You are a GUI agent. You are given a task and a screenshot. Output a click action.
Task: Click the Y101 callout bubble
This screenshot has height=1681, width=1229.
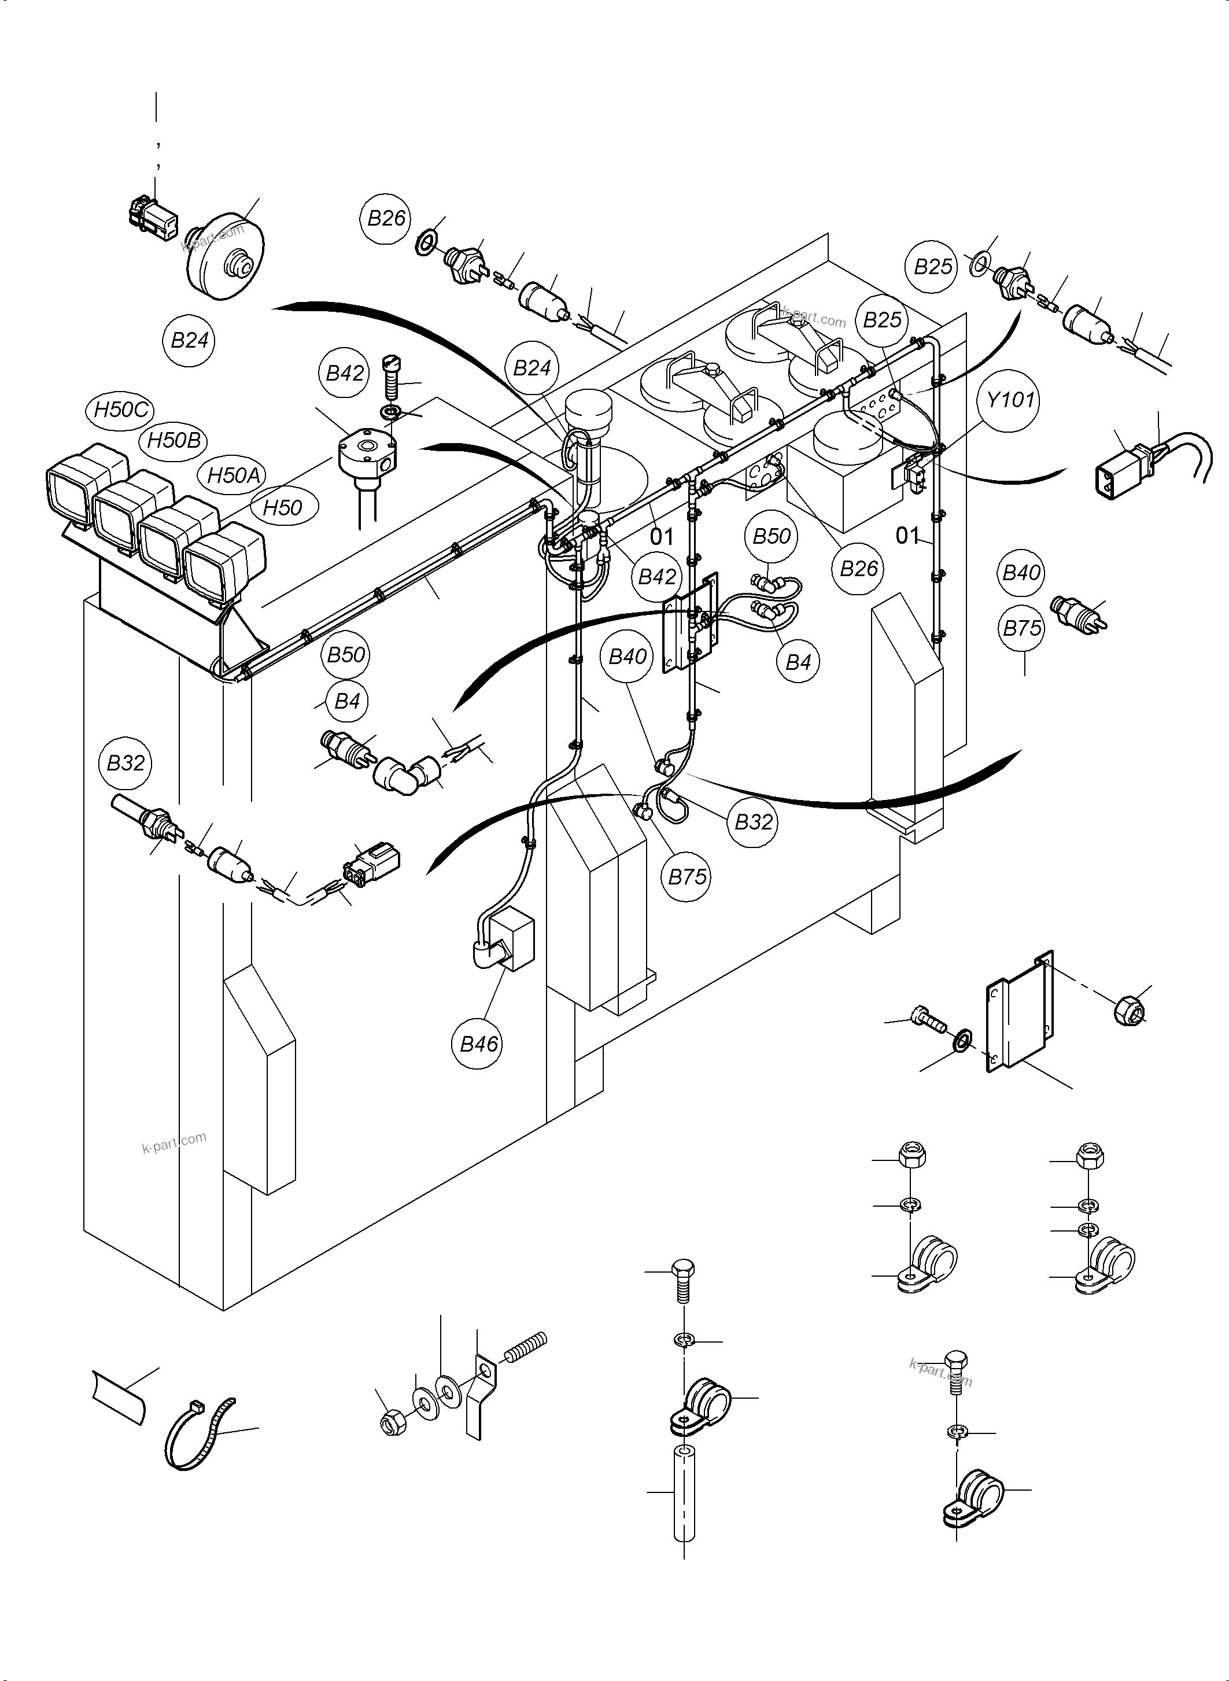pyautogui.click(x=1010, y=400)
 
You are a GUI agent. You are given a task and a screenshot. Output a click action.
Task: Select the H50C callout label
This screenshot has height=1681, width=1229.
pyautogui.click(x=122, y=410)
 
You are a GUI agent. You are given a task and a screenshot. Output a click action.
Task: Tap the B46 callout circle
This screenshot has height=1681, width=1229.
pyautogui.click(x=478, y=1044)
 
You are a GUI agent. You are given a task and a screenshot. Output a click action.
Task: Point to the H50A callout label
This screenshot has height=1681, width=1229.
pyautogui.click(x=234, y=475)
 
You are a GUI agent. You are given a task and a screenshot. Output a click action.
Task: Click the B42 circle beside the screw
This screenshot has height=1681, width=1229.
pyautogui.click(x=345, y=373)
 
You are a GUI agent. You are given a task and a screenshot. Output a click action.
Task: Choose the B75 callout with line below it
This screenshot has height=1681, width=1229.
pyautogui.click(x=1023, y=628)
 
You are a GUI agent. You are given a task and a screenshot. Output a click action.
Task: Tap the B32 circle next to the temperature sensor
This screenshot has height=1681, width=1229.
pyautogui.click(x=126, y=763)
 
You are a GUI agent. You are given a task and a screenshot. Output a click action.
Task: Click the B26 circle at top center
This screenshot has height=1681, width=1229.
pyautogui.click(x=387, y=218)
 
